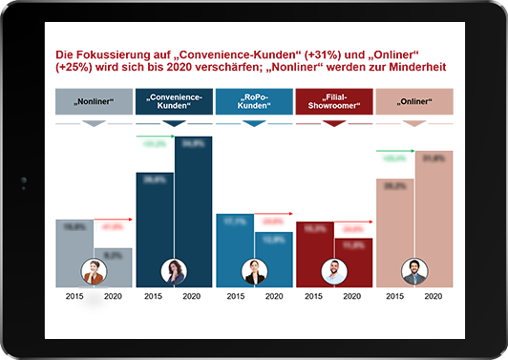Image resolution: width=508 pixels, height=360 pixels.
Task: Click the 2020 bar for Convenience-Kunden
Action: pyautogui.click(x=194, y=201)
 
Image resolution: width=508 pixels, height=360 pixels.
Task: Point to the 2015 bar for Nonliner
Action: pyautogui.click(x=74, y=244)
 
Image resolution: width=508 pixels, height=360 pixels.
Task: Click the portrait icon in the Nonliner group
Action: pyautogui.click(x=95, y=272)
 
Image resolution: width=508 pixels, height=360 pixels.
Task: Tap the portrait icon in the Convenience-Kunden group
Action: pyautogui.click(x=174, y=272)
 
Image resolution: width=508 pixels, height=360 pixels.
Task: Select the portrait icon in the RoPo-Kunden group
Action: pyautogui.click(x=254, y=272)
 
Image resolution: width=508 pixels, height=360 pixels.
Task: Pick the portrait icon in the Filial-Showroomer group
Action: pyautogui.click(x=334, y=272)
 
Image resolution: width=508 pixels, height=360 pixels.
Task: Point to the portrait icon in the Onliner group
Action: pyautogui.click(x=413, y=272)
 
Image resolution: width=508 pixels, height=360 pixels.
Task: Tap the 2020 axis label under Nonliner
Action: pyautogui.click(x=113, y=298)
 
